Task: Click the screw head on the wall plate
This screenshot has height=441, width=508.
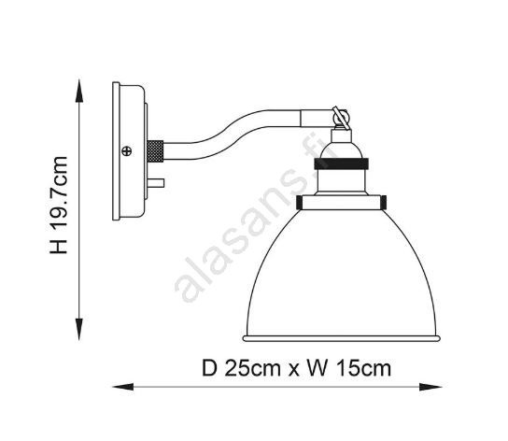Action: point(127,150)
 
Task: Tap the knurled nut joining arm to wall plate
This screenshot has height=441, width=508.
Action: point(155,151)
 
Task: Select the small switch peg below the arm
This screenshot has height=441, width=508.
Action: point(156,183)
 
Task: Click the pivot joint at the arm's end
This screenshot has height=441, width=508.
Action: point(341,118)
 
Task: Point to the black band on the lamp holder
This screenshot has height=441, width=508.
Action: point(341,164)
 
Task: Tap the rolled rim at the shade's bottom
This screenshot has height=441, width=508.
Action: point(342,338)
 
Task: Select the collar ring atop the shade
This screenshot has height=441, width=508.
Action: point(341,203)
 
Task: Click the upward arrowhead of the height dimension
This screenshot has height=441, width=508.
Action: point(79,91)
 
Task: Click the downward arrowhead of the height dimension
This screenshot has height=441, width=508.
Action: point(79,329)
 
